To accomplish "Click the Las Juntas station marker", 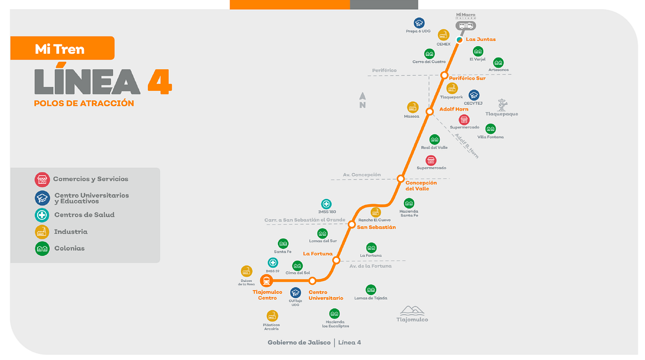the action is click(460, 40).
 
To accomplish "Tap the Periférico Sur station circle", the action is click(445, 75).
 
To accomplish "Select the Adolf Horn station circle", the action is click(429, 111).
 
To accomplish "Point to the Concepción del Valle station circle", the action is click(400, 179).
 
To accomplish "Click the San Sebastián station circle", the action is click(352, 224).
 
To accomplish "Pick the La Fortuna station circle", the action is click(336, 261).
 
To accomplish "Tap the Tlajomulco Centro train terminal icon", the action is click(267, 280).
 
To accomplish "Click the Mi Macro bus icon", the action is click(465, 26).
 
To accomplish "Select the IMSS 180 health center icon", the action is click(326, 204).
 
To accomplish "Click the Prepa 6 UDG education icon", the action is click(419, 23).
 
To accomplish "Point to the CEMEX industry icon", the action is click(443, 35).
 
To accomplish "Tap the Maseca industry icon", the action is click(413, 107).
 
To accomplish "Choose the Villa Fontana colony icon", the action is click(490, 129).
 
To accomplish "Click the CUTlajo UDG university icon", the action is click(295, 293).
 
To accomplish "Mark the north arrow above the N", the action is click(362, 96).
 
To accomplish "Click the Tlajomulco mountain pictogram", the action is click(412, 310).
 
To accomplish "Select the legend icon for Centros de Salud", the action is click(42, 215).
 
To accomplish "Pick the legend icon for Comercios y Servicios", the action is click(42, 179).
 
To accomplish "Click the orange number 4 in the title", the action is click(160, 82).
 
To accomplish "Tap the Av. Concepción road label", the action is click(362, 175).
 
